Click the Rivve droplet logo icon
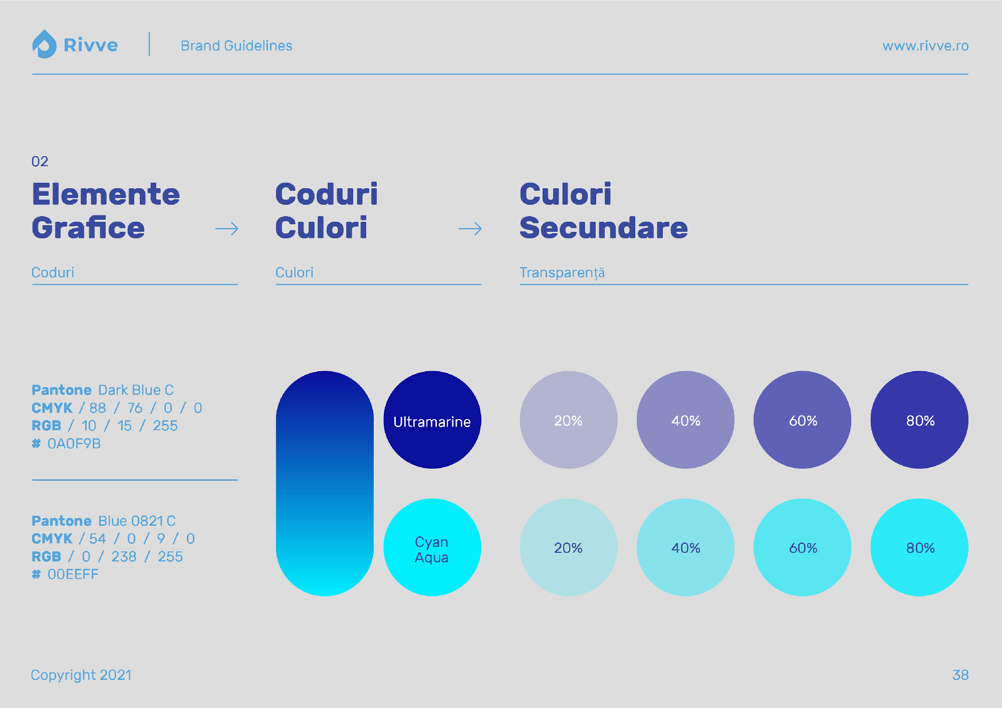point(44,45)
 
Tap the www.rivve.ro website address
point(925,46)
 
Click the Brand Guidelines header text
point(236,46)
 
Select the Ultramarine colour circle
point(432,420)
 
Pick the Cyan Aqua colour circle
point(432,547)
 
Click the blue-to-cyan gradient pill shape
point(325,483)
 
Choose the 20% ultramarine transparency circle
point(569,420)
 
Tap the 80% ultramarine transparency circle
point(919,420)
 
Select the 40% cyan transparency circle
point(685,547)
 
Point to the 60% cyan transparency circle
point(803,547)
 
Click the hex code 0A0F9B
point(74,444)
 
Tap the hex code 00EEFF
point(73,574)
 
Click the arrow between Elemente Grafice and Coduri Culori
point(226,229)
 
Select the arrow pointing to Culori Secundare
point(470,229)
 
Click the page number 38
point(960,675)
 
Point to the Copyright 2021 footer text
point(81,675)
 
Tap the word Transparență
point(562,272)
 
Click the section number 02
point(40,161)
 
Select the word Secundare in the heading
point(604,228)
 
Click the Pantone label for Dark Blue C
point(62,390)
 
